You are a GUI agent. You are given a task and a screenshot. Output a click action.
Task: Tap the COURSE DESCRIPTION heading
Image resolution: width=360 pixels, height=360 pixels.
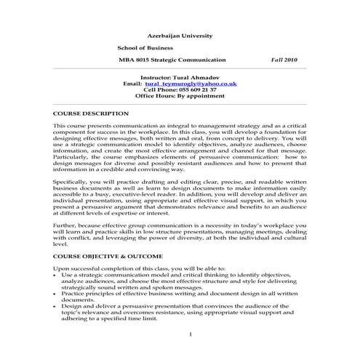tap(92, 114)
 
